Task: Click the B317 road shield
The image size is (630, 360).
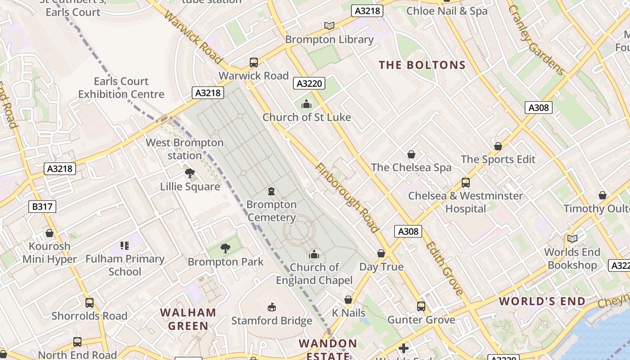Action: click(x=42, y=207)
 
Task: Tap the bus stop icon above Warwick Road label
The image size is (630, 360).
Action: click(x=254, y=63)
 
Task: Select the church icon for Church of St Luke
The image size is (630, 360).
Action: click(x=306, y=104)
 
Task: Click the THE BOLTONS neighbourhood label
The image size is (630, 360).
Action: click(x=422, y=65)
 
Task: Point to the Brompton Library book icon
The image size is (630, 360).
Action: click(x=329, y=26)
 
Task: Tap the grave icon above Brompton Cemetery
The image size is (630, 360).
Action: click(x=271, y=192)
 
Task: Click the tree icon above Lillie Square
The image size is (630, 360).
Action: click(x=190, y=173)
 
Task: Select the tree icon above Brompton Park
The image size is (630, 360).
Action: click(x=225, y=248)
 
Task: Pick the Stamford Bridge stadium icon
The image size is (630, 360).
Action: click(x=271, y=307)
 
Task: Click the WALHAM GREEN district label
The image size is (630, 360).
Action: click(x=188, y=319)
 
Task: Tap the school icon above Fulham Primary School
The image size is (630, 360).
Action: click(x=125, y=246)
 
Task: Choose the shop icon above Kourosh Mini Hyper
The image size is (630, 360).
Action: click(x=49, y=233)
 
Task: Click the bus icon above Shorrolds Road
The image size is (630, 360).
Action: click(x=90, y=303)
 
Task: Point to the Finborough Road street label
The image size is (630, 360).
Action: click(x=346, y=198)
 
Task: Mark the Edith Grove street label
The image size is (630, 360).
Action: click(x=444, y=268)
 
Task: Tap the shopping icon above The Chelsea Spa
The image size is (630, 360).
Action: click(x=411, y=155)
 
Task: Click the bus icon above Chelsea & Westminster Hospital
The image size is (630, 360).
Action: click(x=466, y=183)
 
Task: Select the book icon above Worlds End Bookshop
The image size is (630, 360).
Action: click(x=572, y=239)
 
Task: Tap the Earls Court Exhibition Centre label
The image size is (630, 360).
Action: click(x=121, y=88)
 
